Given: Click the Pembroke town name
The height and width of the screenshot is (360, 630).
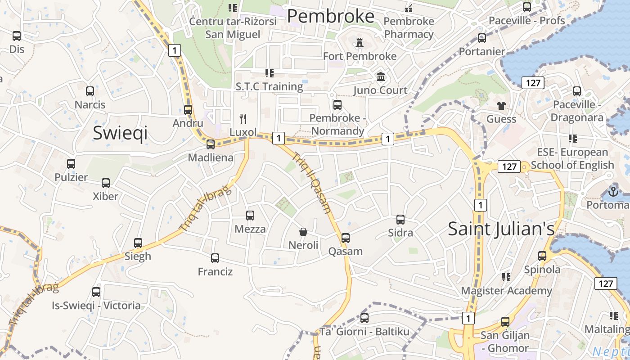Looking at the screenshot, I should click(330, 16).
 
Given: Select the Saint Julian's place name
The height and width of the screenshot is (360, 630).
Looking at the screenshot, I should click(501, 229).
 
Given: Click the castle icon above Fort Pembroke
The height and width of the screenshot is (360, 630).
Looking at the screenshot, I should click(359, 43).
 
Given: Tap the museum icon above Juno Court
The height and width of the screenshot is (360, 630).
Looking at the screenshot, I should click(381, 76).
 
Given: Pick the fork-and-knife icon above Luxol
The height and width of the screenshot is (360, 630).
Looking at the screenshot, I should click(243, 119).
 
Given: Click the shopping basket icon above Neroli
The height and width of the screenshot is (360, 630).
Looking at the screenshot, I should click(303, 232).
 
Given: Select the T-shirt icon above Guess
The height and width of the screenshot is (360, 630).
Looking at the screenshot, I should click(501, 106).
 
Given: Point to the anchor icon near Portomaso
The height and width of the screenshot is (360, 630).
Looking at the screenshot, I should click(613, 191).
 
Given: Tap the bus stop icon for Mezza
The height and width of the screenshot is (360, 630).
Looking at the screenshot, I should click(250, 216).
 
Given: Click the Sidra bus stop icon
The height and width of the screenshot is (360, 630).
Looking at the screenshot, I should click(400, 220).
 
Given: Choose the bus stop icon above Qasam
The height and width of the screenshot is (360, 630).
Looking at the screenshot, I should click(345, 238).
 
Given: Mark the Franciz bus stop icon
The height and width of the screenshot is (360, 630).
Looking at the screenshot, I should click(215, 258).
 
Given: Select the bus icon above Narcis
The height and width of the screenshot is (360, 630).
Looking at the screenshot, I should click(90, 91).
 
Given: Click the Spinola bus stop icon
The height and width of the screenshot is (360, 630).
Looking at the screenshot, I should click(542, 256).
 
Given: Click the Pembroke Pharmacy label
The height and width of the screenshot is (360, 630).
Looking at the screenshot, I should click(409, 27).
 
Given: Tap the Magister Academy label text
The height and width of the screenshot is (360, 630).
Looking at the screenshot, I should click(506, 291).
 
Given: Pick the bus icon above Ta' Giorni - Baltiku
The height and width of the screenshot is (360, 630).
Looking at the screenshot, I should click(364, 318).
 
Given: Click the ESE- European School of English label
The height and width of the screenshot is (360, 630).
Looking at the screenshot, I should click(572, 158).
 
